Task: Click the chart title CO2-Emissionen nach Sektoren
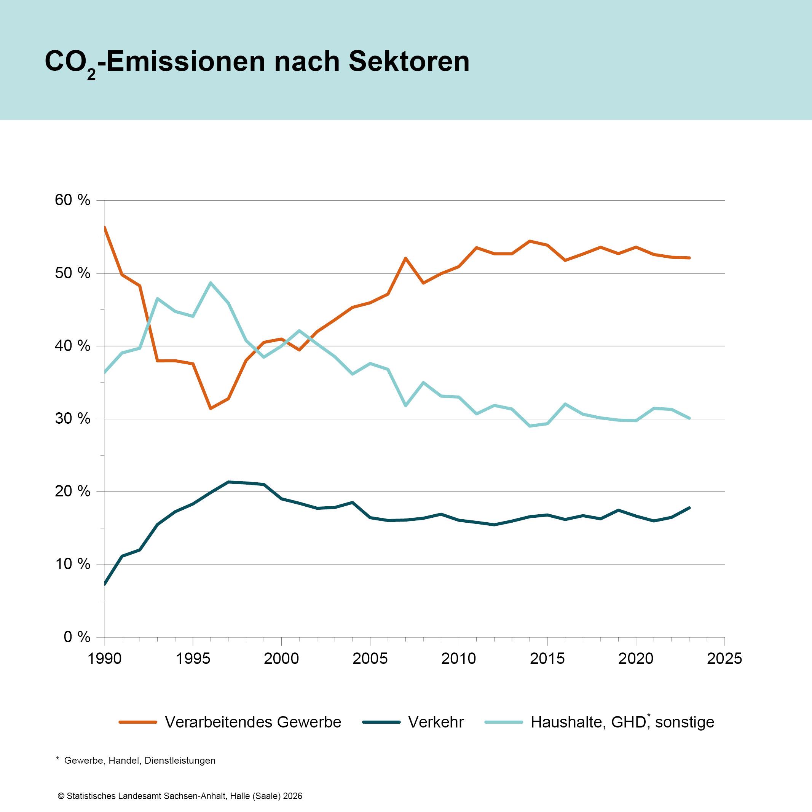pyautogui.click(x=257, y=62)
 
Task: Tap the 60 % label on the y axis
pyautogui.click(x=72, y=200)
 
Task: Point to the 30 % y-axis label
pyautogui.click(x=72, y=419)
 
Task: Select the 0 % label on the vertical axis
pyautogui.click(x=77, y=637)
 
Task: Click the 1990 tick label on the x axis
pyautogui.click(x=105, y=659)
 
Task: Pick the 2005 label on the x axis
pyautogui.click(x=370, y=659)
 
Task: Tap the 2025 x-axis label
pyautogui.click(x=724, y=659)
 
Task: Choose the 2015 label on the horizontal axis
pyautogui.click(x=547, y=659)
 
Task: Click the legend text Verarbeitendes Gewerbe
pyautogui.click(x=253, y=722)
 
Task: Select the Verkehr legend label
pyautogui.click(x=436, y=722)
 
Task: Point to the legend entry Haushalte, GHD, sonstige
pyautogui.click(x=622, y=722)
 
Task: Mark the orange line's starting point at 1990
pyautogui.click(x=104, y=227)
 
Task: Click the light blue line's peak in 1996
pyautogui.click(x=211, y=283)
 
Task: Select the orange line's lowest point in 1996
pyautogui.click(x=211, y=408)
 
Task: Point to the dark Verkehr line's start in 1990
pyautogui.click(x=104, y=584)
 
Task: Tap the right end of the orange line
pyautogui.click(x=689, y=258)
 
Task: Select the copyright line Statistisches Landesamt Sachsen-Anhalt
pyautogui.click(x=180, y=796)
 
